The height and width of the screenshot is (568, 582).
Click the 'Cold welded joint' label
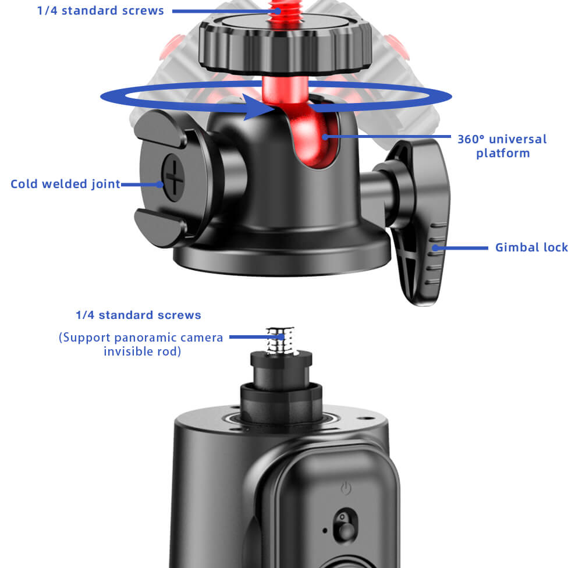(65, 184)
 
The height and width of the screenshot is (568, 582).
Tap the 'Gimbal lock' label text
(531, 247)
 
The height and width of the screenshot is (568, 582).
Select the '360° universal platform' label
(502, 146)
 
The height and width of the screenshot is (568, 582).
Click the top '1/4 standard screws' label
(100, 10)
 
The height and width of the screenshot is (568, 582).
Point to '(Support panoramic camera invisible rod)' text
(141, 344)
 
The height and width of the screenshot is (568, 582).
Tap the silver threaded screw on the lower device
(281, 340)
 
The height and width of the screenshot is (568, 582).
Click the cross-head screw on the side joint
(173, 178)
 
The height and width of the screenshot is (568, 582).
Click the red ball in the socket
(315, 137)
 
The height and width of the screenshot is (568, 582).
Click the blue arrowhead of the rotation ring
(258, 107)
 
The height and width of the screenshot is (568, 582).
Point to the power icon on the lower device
(346, 488)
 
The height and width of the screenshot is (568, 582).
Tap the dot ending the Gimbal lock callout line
(435, 247)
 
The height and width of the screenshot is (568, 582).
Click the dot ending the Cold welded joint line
(159, 184)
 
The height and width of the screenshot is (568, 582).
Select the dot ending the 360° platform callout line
(325, 137)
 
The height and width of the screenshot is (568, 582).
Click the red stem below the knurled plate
(285, 89)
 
